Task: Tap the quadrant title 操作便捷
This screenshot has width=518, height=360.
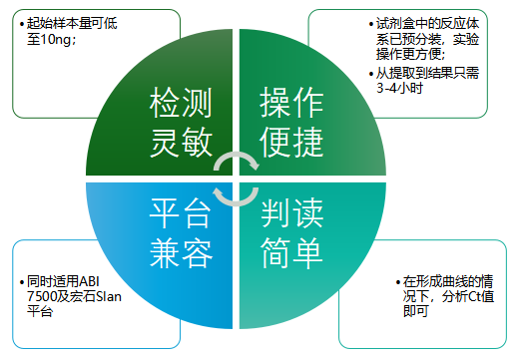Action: click(x=291, y=122)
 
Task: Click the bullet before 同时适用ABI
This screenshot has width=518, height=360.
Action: click(x=22, y=282)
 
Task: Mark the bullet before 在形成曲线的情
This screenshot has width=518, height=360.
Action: click(x=397, y=281)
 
